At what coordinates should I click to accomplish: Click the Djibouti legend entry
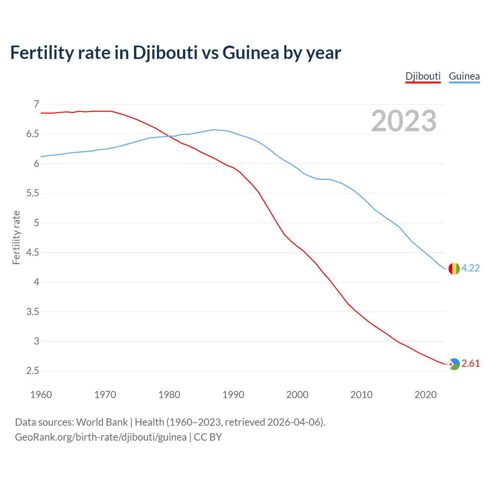pyautogui.click(x=423, y=76)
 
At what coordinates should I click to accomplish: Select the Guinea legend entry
pyautogui.click(x=464, y=76)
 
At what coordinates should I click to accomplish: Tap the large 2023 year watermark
pyautogui.click(x=404, y=121)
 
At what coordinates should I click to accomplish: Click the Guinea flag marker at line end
pyautogui.click(x=454, y=269)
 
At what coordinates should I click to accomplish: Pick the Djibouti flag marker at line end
pyautogui.click(x=454, y=364)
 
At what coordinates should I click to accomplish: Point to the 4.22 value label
pyautogui.click(x=470, y=268)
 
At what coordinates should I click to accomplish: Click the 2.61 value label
pyautogui.click(x=470, y=364)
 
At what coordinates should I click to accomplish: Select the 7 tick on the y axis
pyautogui.click(x=36, y=104)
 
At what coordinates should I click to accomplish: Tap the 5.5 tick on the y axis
pyautogui.click(x=33, y=193)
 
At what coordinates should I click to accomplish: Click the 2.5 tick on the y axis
pyautogui.click(x=33, y=371)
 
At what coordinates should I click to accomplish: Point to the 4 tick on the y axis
pyautogui.click(x=36, y=282)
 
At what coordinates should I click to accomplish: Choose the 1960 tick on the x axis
pyautogui.click(x=41, y=395)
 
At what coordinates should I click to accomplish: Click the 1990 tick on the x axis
pyautogui.click(x=233, y=395)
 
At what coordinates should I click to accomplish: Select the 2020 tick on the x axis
pyautogui.click(x=425, y=395)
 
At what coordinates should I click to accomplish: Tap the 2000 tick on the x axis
pyautogui.click(x=297, y=395)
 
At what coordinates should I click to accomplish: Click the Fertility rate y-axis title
pyautogui.click(x=16, y=237)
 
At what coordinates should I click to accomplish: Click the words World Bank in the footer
pyautogui.click(x=102, y=422)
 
